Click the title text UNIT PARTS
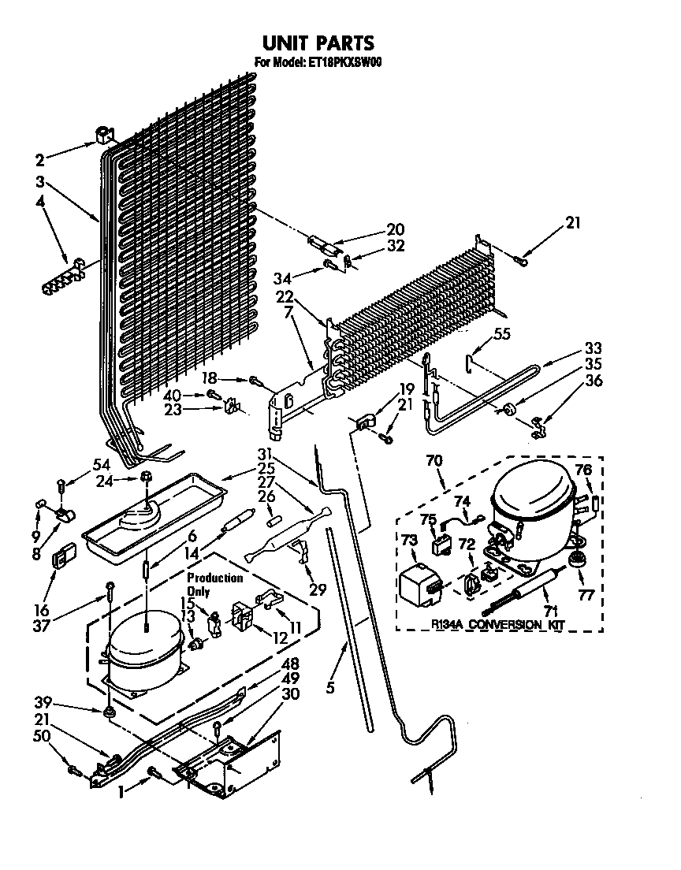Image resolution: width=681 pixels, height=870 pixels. [x=318, y=43]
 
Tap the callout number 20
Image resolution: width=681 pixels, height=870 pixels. [x=395, y=229]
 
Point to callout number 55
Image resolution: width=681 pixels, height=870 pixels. [x=501, y=334]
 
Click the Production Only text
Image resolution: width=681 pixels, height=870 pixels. [x=214, y=584]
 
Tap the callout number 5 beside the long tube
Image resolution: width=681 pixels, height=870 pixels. [x=330, y=687]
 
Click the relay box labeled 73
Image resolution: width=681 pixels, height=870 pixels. [x=419, y=586]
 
